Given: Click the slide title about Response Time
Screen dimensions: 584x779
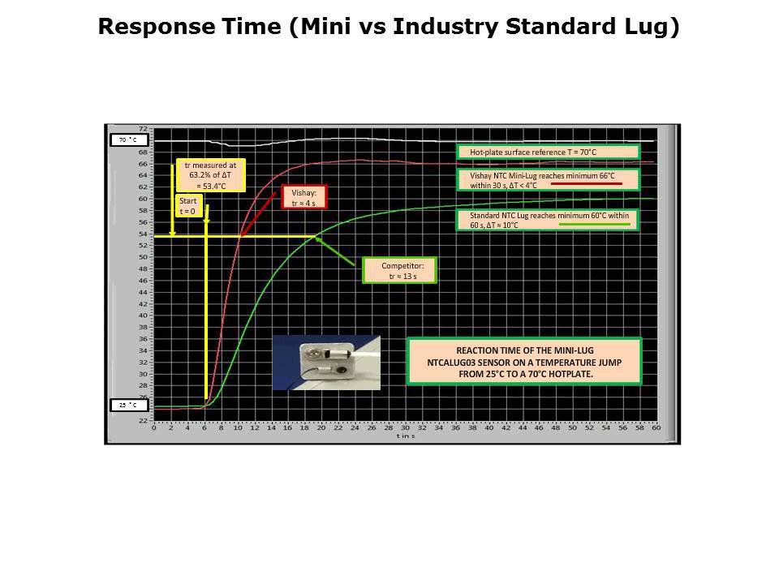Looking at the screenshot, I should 389,27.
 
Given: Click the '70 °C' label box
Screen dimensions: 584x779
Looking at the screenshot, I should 129,140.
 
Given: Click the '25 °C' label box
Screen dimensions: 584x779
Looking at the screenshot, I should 129,405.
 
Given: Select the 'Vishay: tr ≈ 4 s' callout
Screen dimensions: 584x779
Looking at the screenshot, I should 303,198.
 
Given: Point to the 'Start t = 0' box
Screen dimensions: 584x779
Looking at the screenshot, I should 188,206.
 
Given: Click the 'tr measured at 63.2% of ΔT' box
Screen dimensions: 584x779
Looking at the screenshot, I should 210,175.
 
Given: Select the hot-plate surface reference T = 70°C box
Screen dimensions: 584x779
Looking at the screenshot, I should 548,152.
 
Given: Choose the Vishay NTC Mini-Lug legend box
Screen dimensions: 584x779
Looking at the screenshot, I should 548,179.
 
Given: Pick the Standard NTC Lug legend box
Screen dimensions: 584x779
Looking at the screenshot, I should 548,220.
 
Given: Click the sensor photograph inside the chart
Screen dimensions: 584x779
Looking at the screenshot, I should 325,362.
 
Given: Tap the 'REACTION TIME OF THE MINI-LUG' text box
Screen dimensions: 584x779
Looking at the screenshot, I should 523,361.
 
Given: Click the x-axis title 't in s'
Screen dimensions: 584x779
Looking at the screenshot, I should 405,436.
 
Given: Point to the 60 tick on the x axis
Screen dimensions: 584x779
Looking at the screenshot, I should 656,427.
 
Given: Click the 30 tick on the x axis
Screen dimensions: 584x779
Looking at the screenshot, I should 405,427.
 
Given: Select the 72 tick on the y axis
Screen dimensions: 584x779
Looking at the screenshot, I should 143,129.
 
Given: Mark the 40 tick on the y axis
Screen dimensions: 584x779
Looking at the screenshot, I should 143,316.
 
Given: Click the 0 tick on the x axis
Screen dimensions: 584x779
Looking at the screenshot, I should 154,427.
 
